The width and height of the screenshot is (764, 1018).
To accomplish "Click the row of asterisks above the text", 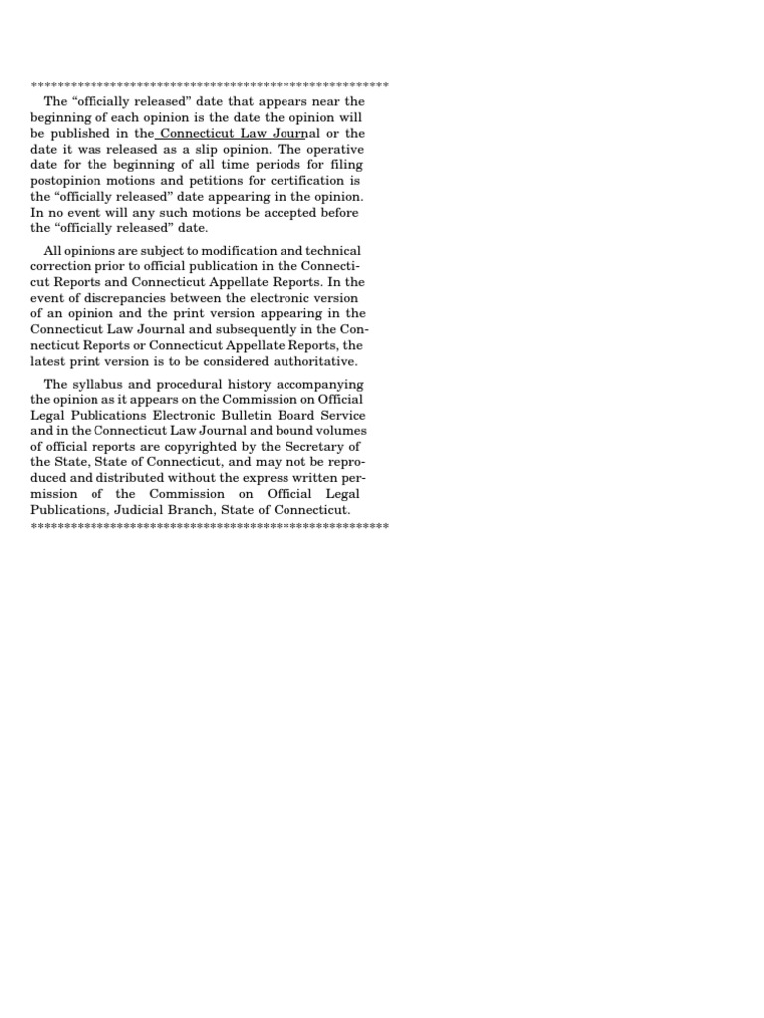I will click(x=210, y=85).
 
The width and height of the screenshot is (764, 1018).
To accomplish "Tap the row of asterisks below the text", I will click(x=210, y=525).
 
